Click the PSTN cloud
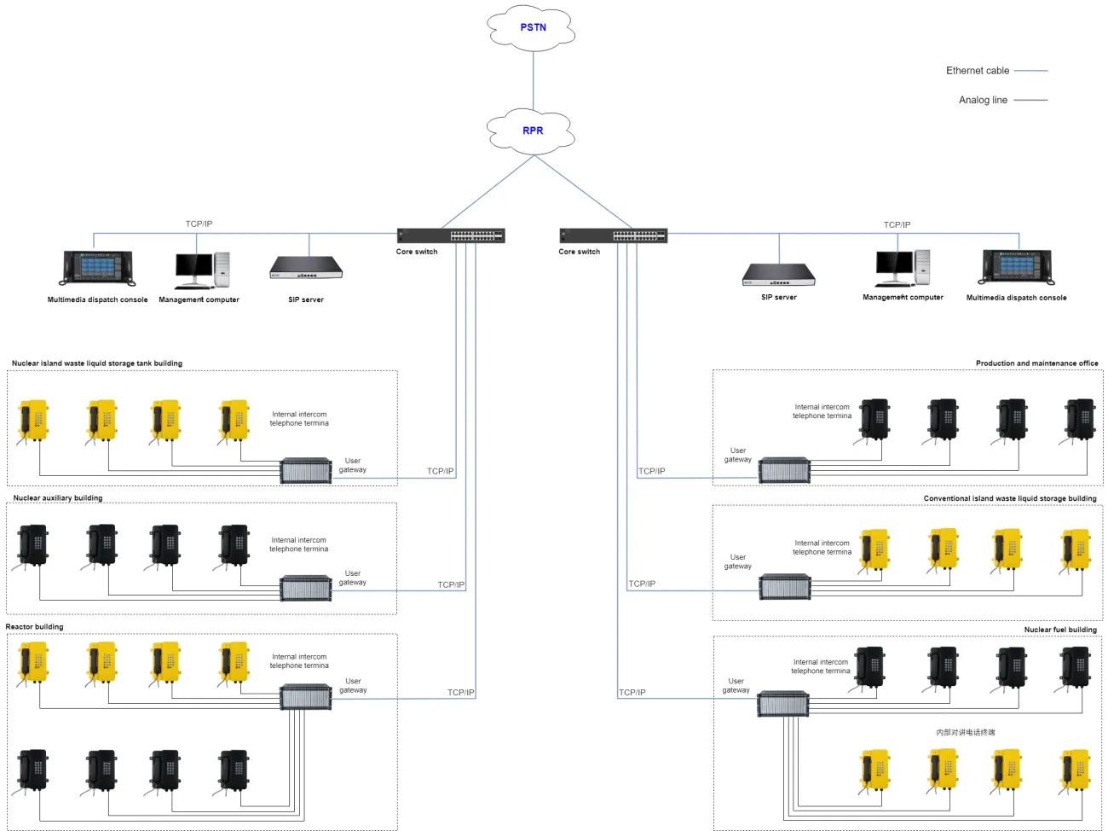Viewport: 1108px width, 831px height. point(533,27)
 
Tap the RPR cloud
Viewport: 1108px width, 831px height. point(532,131)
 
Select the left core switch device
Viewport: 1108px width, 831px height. point(451,235)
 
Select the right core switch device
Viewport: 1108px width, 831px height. point(613,235)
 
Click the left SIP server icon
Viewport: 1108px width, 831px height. point(306,268)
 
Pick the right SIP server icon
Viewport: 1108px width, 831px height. point(779,275)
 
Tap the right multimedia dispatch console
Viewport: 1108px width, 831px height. point(1017,266)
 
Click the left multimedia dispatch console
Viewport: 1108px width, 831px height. point(98,268)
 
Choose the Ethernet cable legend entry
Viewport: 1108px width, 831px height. point(978,71)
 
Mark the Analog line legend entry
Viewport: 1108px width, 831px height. point(983,100)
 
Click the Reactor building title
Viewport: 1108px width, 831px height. point(35,627)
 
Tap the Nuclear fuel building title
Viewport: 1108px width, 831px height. point(1060,630)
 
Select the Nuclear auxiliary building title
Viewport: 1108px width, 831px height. point(58,498)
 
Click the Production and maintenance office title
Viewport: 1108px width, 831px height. point(1036,363)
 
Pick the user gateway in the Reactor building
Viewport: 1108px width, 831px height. point(306,697)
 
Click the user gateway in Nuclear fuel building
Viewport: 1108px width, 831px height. point(783,704)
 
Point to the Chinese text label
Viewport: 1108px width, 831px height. point(965,732)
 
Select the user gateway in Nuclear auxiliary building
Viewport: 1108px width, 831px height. point(306,588)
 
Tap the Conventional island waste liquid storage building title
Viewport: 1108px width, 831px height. point(1010,498)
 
